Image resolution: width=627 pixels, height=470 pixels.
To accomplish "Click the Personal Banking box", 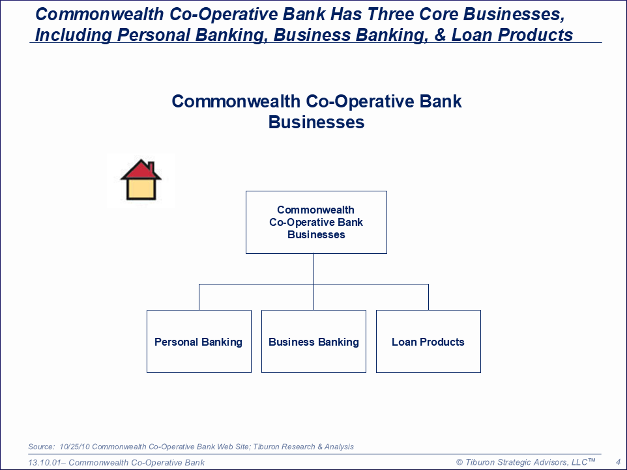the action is point(199,341).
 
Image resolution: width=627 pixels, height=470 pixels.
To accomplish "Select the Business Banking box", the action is point(314,341).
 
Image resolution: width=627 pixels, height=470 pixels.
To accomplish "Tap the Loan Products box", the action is point(428,341).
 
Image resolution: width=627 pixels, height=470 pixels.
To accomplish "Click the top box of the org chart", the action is point(316,222).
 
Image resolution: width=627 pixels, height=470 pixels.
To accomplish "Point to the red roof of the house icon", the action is point(140,171).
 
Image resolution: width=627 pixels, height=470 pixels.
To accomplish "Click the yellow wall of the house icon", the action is point(141,189).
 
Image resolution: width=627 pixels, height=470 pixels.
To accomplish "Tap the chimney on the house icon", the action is point(152,166).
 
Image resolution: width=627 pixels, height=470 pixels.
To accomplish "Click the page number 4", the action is point(619,462).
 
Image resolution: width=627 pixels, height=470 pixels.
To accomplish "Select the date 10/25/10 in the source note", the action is point(75,447).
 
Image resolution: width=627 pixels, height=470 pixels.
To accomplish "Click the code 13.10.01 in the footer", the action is point(44,462).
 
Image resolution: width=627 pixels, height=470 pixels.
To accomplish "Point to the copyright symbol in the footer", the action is point(459,462).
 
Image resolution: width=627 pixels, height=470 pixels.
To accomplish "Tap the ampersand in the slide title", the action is point(439,35).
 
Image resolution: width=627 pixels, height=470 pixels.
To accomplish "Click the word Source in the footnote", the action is point(41,447).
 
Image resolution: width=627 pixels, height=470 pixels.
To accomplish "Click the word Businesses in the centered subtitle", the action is point(316,122).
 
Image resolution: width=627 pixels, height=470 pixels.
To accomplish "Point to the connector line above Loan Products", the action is point(428,297).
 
